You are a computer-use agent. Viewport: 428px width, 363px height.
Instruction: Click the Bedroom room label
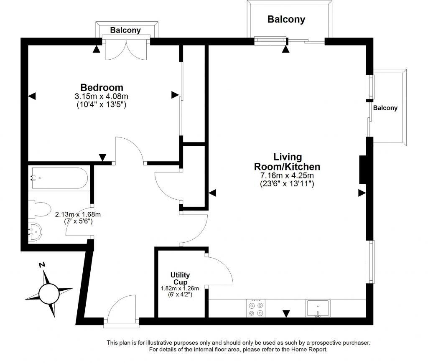pyautogui.click(x=102, y=88)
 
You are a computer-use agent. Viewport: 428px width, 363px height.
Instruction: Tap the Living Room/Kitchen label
pyautogui.click(x=287, y=162)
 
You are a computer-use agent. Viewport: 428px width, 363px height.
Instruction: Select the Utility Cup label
pyautogui.click(x=180, y=278)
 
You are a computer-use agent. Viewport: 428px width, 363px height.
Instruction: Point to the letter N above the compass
pyautogui.click(x=41, y=265)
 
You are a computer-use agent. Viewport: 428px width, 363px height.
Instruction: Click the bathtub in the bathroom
pyautogui.click(x=59, y=178)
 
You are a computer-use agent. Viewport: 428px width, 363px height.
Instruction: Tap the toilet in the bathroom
pyautogui.click(x=38, y=209)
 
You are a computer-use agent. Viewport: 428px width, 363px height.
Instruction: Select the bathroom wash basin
pyautogui.click(x=35, y=231)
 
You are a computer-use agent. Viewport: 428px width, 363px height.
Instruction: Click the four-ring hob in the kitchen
pyautogui.click(x=256, y=309)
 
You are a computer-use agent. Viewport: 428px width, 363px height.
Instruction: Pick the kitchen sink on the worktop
pyautogui.click(x=318, y=309)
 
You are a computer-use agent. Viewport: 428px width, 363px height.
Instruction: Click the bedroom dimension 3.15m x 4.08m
pyautogui.click(x=102, y=96)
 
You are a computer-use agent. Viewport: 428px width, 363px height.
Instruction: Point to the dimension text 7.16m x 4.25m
pyautogui.click(x=287, y=175)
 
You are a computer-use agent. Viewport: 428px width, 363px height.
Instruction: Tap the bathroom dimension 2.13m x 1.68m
pyautogui.click(x=78, y=215)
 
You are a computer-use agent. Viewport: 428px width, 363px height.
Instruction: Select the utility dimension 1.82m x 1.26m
pyautogui.click(x=180, y=288)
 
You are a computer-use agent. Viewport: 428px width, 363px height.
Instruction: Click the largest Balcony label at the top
pyautogui.click(x=286, y=19)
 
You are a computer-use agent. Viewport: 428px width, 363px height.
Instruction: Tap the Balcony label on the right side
pyautogui.click(x=385, y=108)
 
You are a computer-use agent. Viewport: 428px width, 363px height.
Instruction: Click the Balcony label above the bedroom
pyautogui.click(x=125, y=30)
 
